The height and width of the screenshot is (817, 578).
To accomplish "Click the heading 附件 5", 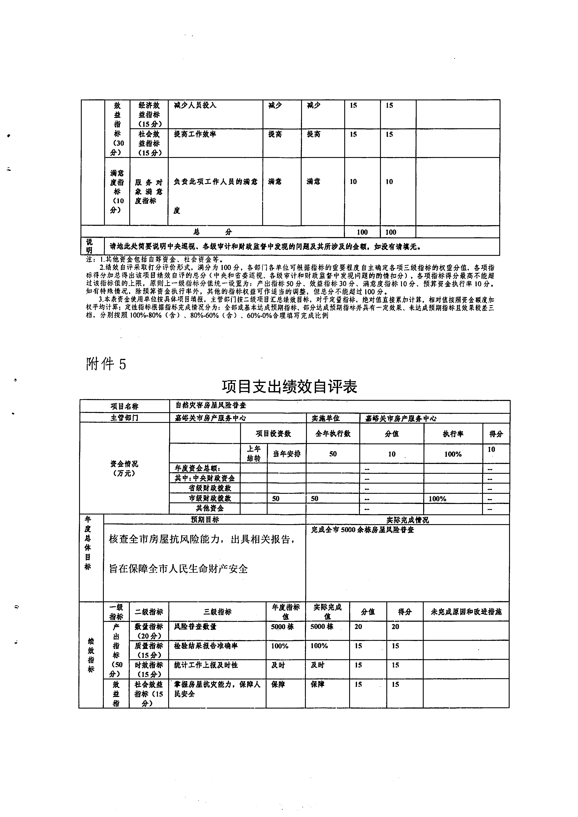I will [x=106, y=364].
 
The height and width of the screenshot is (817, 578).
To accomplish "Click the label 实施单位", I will [x=326, y=418].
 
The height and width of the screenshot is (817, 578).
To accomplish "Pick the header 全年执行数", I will [x=333, y=433].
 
